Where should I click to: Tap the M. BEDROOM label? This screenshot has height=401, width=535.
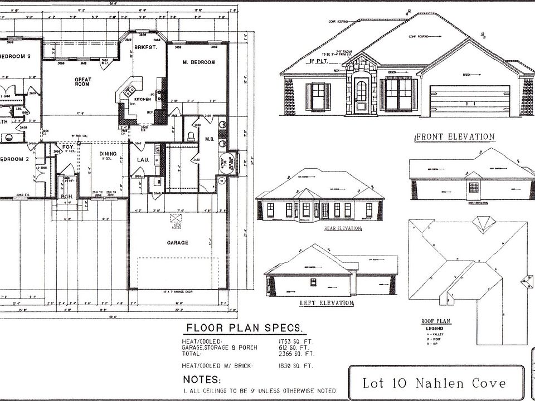click(x=198, y=62)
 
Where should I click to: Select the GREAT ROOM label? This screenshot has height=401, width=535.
click(x=83, y=82)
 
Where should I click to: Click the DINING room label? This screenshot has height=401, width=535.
click(x=108, y=154)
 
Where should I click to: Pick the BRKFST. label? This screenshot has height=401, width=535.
click(x=143, y=48)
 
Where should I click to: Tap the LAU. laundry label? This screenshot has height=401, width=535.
click(x=142, y=160)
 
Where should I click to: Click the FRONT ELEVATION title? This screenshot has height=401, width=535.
click(x=455, y=136)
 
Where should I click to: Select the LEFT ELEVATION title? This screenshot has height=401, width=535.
click(x=327, y=303)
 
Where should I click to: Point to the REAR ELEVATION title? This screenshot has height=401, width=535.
click(x=342, y=228)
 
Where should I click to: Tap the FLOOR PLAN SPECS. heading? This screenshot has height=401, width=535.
click(x=245, y=327)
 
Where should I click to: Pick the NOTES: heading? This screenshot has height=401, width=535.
click(x=202, y=379)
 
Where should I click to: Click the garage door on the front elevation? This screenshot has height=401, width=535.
click(x=470, y=100)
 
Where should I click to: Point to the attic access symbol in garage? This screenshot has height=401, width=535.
click(x=177, y=218)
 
